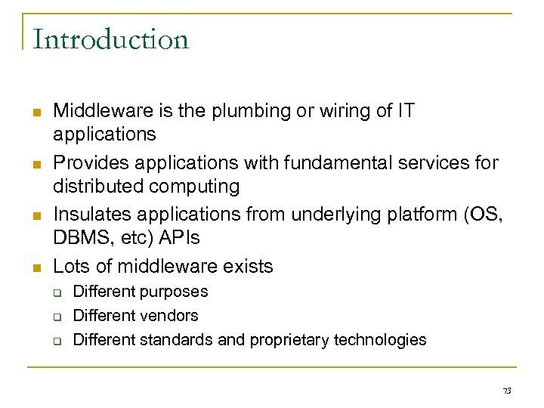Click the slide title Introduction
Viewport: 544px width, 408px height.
[110, 39]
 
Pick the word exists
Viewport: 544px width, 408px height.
[248, 267]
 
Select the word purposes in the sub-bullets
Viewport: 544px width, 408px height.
[174, 292]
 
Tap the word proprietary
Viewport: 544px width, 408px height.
[298, 340]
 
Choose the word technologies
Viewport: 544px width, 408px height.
[385, 340]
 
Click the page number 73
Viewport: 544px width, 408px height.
[507, 391]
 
